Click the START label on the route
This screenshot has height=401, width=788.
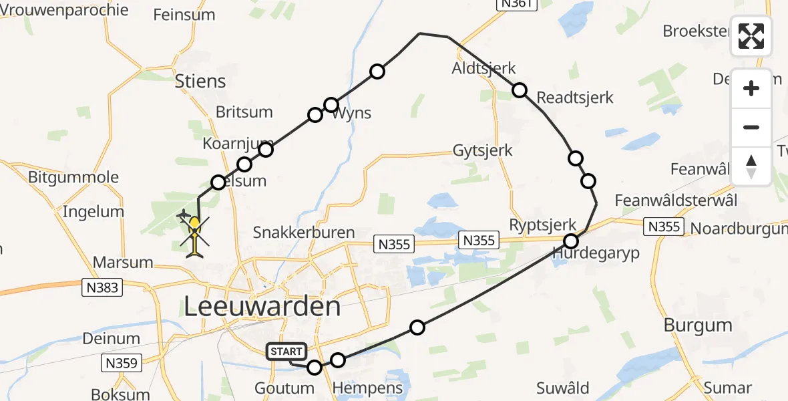point(287,352)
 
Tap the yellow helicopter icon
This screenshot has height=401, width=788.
point(194,235)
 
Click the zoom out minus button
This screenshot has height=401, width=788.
point(751,127)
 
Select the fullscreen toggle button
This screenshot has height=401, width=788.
point(751,36)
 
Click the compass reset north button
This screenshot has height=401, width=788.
point(751,166)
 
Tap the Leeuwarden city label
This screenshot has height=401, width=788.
point(262,307)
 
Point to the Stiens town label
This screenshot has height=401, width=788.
point(200,81)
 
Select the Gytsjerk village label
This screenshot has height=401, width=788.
point(483,150)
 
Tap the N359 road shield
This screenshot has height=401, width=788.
point(122,364)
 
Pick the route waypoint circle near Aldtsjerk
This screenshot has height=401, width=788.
point(520,90)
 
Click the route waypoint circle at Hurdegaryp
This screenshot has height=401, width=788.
point(571,241)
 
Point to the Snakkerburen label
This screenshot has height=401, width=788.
point(304,232)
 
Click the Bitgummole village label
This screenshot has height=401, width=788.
point(73,177)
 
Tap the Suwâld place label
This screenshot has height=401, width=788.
point(562,388)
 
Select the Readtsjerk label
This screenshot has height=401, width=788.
point(575,98)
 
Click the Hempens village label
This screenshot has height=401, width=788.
point(368,388)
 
